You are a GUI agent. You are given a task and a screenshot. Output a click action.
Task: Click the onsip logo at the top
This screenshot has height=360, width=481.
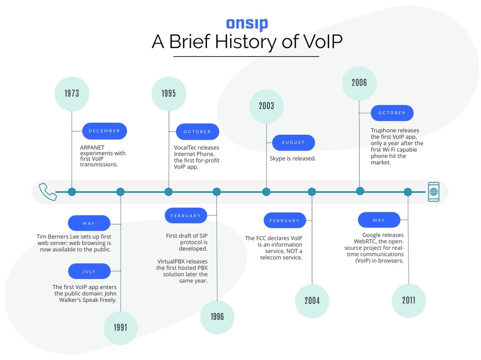tap(246, 24)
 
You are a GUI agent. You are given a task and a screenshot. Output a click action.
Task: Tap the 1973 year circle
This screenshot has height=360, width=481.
tap(72, 94)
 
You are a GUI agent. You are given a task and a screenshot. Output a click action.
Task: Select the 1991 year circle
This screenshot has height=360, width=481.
tap(120, 327)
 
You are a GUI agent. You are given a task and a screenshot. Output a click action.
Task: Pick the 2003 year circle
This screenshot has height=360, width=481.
tap(267, 106)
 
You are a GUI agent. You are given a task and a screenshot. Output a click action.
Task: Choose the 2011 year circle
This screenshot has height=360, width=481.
tap(408, 301)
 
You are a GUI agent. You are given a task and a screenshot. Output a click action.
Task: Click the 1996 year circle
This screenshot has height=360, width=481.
tap(217, 317)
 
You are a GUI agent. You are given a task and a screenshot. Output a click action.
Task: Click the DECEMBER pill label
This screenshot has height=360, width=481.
tap(104, 131)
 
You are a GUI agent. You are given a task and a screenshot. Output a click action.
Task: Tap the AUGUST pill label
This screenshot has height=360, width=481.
tap(293, 143)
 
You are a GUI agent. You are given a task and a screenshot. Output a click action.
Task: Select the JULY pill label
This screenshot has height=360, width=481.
tap(89, 271)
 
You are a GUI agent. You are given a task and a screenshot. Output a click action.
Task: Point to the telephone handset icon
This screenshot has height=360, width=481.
tap(48, 192)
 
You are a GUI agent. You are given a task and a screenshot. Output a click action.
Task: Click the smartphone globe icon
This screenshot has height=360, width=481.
tap(433, 192)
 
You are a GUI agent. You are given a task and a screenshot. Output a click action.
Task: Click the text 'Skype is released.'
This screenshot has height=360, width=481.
tap(293, 159)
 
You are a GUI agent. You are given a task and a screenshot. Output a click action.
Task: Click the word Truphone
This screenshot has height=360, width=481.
tap(383, 130)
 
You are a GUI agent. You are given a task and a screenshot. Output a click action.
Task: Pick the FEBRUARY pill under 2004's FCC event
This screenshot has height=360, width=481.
tap(285, 221)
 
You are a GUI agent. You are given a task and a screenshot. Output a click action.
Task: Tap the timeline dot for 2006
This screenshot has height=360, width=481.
tap(360, 191)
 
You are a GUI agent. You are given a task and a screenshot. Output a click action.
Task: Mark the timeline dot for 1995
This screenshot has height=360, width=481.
tap(169, 192)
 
